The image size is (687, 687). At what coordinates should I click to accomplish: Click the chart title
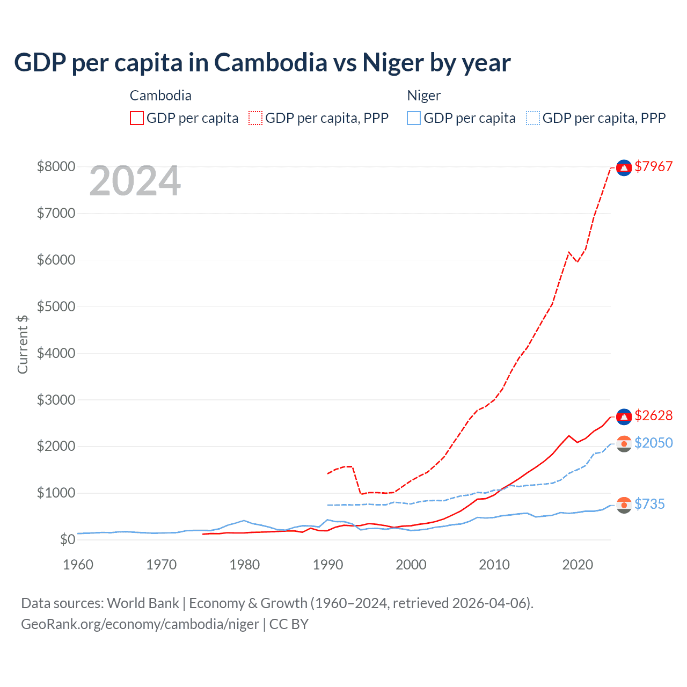click(x=262, y=63)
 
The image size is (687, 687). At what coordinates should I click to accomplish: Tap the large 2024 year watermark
click(x=135, y=181)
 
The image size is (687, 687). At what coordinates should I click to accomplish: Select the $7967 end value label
click(x=653, y=166)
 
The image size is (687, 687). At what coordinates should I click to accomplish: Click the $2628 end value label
click(x=653, y=415)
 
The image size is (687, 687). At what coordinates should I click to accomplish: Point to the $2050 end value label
click(x=653, y=443)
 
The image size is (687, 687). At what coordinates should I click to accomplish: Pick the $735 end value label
click(x=649, y=504)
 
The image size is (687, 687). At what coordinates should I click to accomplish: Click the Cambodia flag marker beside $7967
click(x=624, y=168)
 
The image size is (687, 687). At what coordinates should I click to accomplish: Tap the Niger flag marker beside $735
click(x=624, y=505)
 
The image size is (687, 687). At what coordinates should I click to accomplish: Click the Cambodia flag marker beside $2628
click(x=624, y=416)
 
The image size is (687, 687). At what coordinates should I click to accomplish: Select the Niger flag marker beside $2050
click(x=624, y=444)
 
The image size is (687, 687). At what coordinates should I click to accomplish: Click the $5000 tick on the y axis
click(x=56, y=306)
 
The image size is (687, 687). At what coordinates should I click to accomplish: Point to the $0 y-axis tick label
click(x=67, y=539)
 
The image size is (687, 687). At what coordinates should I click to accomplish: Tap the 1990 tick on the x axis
click(x=327, y=565)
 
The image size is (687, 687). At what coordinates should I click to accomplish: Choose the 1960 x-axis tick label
click(x=78, y=565)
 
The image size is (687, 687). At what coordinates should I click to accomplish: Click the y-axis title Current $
click(x=23, y=344)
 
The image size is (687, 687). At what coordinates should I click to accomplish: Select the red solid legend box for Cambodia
click(x=137, y=118)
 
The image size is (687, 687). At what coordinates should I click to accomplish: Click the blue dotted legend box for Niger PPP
click(x=533, y=118)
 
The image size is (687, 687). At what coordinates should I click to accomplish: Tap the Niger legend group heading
click(x=423, y=96)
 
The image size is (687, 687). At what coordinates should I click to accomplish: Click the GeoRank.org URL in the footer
click(x=140, y=624)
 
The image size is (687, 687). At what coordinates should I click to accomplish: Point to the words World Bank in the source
click(x=143, y=603)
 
